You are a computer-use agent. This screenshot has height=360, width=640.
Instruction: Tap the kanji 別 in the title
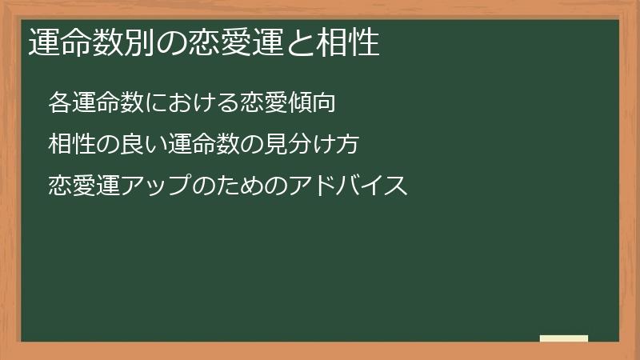132,43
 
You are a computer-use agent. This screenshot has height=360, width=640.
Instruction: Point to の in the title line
161,43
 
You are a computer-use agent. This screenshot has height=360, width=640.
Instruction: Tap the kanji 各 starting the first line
58,102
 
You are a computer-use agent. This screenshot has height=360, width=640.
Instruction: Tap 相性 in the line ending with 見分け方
69,144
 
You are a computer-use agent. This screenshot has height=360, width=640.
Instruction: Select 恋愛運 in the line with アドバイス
78,186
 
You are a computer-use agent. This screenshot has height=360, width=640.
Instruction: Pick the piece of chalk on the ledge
564,338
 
